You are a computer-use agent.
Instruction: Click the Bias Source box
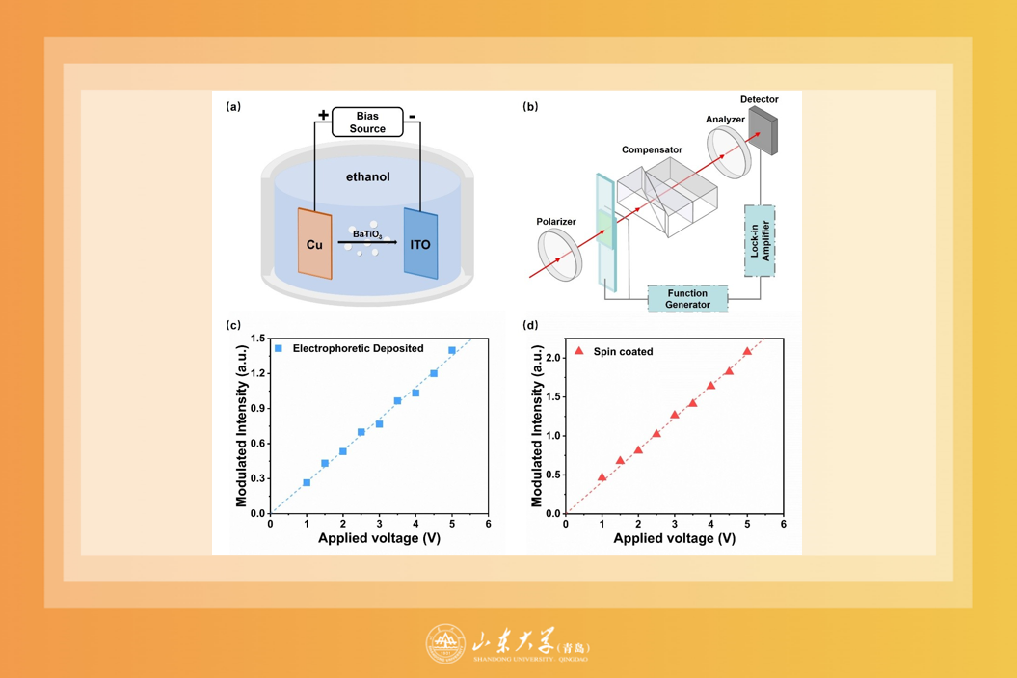coord(367,122)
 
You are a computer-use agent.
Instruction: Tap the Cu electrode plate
coord(314,244)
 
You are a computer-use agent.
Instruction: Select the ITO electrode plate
coord(420,244)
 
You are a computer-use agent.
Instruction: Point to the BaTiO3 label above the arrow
coord(366,234)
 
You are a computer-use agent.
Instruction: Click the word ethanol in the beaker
coord(368,177)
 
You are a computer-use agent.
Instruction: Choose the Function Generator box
coord(687,299)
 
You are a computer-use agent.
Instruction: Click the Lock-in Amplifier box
coord(760,241)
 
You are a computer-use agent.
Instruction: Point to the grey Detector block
coord(762,131)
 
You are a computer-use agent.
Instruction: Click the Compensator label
coord(652,149)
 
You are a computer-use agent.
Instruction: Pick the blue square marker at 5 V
coord(452,351)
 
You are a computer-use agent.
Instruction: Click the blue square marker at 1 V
coord(307,482)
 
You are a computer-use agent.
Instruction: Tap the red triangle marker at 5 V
coord(747,352)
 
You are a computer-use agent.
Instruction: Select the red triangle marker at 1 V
coord(602,477)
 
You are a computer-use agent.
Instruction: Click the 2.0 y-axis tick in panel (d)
coord(553,358)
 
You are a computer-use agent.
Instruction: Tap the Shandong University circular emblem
coord(445,644)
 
